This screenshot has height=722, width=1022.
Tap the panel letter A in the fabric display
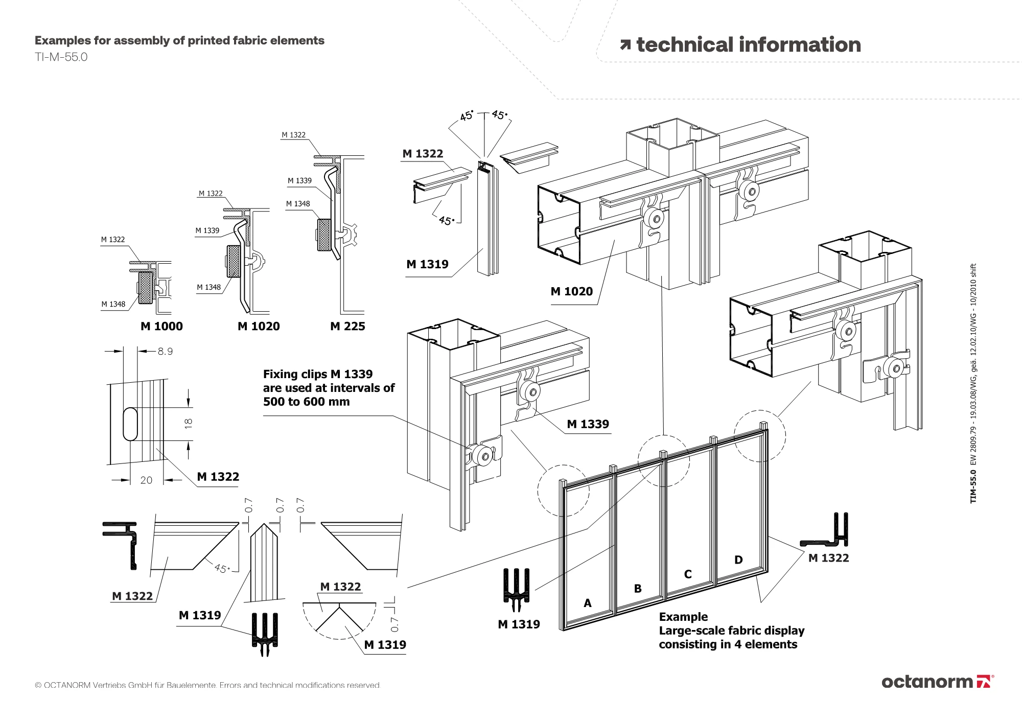(588, 603)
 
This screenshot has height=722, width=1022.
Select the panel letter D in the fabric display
(738, 560)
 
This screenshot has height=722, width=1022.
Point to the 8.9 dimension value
(165, 352)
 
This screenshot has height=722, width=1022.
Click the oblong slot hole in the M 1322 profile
(130, 424)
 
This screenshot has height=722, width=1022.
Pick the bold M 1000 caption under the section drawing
(161, 327)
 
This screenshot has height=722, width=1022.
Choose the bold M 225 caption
(347, 327)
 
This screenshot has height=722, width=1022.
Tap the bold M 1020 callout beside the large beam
(571, 292)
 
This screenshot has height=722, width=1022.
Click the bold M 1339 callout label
(588, 424)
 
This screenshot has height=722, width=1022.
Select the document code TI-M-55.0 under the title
(61, 57)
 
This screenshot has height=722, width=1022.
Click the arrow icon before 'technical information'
(625, 45)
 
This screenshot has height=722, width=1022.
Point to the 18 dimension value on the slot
(188, 423)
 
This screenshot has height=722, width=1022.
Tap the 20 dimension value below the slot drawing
(146, 480)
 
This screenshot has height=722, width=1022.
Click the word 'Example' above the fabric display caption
(683, 617)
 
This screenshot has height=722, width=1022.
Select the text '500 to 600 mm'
(306, 402)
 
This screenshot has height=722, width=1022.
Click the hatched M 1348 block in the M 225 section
(324, 235)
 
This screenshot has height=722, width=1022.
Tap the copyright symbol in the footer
(38, 685)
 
